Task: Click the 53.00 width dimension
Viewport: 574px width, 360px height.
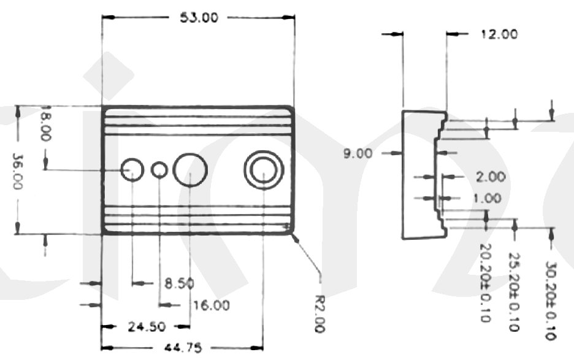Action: tap(198, 18)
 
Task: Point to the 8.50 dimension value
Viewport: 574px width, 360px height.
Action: tap(179, 283)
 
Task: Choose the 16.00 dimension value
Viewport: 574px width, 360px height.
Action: tap(211, 305)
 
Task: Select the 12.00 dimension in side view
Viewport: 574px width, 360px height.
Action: tap(498, 34)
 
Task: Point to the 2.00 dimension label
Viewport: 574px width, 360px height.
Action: tap(491, 177)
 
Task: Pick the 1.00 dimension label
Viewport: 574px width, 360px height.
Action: tap(488, 198)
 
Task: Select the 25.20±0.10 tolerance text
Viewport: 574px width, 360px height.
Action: tap(515, 292)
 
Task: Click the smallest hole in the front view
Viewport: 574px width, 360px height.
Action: tap(159, 170)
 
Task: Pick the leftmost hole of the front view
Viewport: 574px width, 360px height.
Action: tap(132, 169)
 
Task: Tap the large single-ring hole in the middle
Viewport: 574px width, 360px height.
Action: tap(190, 169)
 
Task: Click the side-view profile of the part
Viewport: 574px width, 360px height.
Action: tap(420, 175)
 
